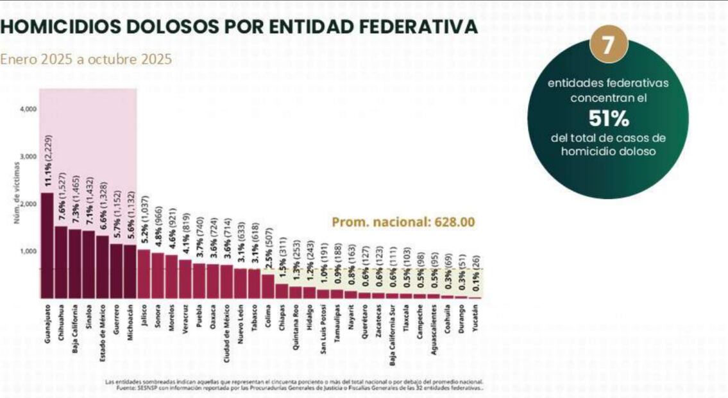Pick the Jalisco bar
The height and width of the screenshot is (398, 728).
pos(144,274)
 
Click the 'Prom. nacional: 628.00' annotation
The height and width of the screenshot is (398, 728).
pos(403,222)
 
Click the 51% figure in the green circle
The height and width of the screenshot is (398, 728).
pos(608,119)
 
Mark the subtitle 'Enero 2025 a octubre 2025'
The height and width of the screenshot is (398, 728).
pos(86,60)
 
